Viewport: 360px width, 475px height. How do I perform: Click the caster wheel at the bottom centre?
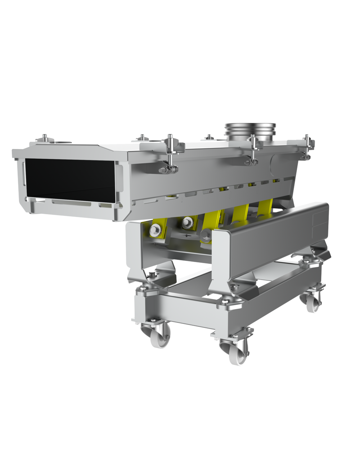pos(238,353)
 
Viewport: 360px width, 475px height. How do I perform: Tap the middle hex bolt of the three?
pos(187,222)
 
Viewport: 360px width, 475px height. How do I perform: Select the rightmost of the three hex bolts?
pos(206,235)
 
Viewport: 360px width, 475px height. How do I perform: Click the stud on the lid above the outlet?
pos(45,138)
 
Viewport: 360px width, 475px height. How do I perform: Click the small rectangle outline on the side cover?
pos(319,220)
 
